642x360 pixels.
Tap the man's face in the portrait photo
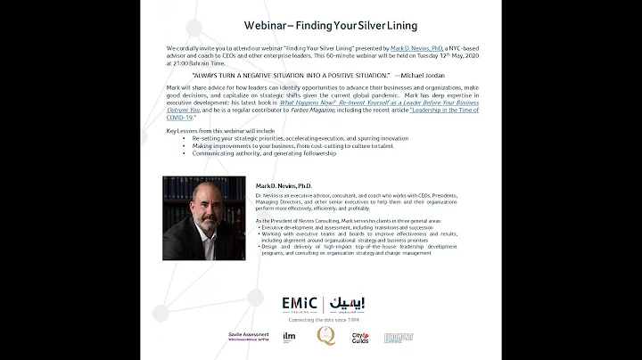204,210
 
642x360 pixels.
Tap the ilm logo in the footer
288,337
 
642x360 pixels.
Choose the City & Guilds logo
360,337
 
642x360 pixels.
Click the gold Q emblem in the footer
325,336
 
